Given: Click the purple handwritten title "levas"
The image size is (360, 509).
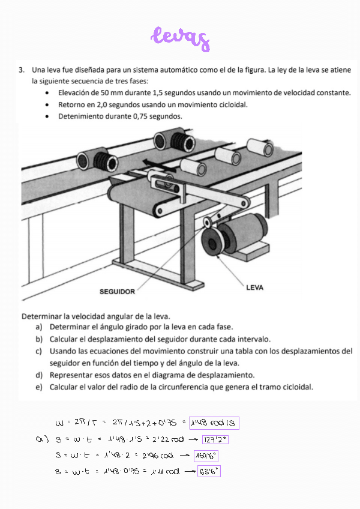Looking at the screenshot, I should (181, 38).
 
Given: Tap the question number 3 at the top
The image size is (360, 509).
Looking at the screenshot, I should (22, 70).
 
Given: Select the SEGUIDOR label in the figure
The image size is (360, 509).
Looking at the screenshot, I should (117, 292).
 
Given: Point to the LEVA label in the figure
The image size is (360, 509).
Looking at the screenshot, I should (254, 288).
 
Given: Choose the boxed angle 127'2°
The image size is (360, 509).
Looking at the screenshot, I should (215, 440).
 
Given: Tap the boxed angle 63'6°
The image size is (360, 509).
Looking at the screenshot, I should (208, 471).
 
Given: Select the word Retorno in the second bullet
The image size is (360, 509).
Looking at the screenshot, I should (72, 104).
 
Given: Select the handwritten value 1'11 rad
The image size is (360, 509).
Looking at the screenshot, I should (163, 471).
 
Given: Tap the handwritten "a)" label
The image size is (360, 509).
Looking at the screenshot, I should (41, 440).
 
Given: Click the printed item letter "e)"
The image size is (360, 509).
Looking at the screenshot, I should (38, 387).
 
